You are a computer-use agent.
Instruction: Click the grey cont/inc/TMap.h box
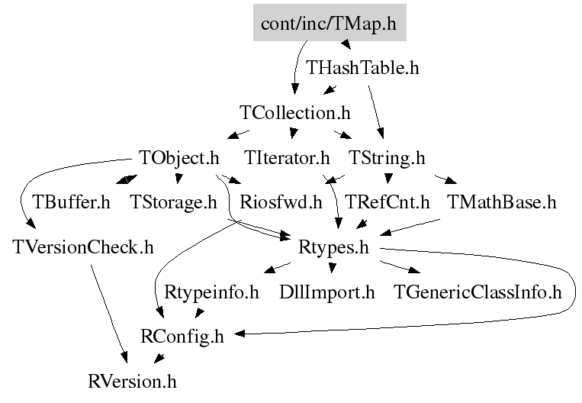pos(329,24)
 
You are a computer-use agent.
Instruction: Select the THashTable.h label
pos(362,68)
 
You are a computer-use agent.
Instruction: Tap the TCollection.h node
pos(295,113)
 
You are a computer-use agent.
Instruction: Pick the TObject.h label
pos(179,158)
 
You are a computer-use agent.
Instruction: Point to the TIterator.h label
pos(288,158)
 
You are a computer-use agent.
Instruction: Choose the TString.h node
pos(387,158)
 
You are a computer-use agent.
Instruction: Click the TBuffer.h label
pos(72,203)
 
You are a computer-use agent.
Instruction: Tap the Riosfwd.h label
pos(281,203)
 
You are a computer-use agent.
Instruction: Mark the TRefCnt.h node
pos(388,203)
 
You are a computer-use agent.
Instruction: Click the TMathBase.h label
pos(501,203)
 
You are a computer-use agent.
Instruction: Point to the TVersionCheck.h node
pos(84,248)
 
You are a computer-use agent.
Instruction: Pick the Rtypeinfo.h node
pos(212,292)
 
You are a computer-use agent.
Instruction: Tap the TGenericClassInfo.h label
pos(477,292)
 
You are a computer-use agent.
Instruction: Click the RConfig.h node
pos(183,336)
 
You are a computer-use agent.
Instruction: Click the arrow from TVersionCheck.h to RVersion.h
pos(109,313)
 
